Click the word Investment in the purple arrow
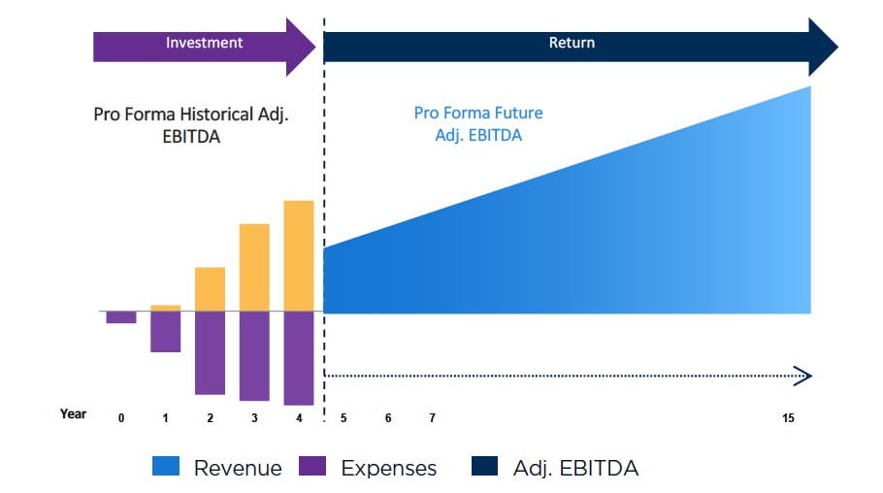click(x=204, y=43)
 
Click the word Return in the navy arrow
click(x=572, y=43)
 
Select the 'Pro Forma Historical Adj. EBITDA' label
click(x=191, y=125)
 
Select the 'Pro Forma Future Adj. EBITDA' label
click(x=478, y=124)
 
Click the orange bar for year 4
click(x=299, y=255)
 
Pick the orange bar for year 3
click(x=254, y=267)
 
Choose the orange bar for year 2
click(x=210, y=288)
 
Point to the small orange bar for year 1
click(x=165, y=308)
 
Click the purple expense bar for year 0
click(x=121, y=317)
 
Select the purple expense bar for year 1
click(x=165, y=332)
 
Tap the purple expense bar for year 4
click(x=299, y=358)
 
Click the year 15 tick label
click(x=789, y=418)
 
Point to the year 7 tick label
click(x=432, y=418)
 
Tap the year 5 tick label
click(x=343, y=418)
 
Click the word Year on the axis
click(x=73, y=414)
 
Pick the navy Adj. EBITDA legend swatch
click(x=485, y=468)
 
